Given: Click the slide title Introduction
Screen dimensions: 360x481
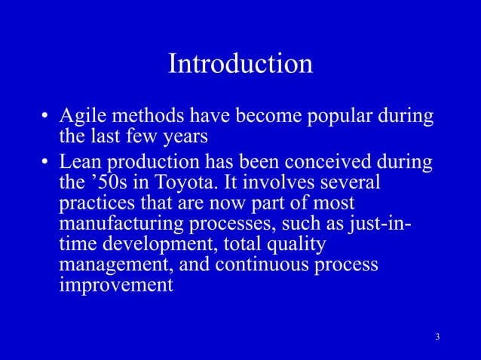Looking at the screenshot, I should tap(240, 64).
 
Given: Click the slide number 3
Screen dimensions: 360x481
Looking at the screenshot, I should tap(438, 335).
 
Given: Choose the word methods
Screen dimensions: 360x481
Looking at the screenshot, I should tap(146, 118).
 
